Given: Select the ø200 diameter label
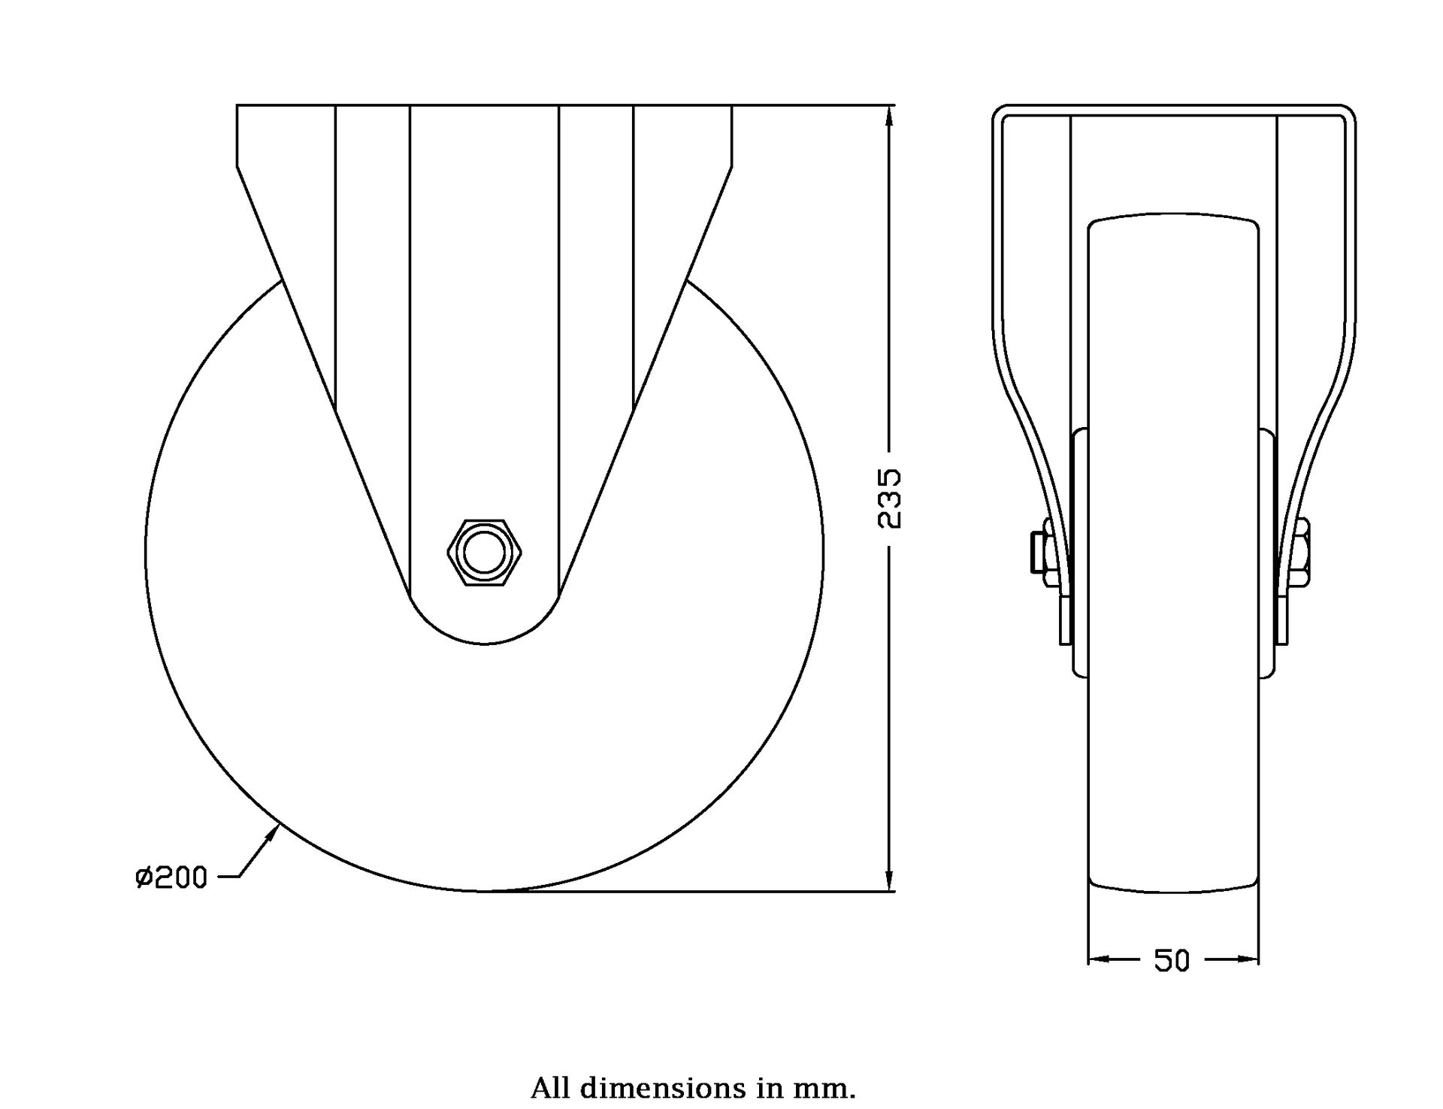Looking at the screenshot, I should coord(171,877).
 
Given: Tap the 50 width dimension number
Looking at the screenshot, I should coord(1172,960).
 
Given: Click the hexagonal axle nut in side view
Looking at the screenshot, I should coord(484,553).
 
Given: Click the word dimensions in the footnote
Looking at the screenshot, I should coord(652,1088).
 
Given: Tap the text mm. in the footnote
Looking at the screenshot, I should coord(832,1088).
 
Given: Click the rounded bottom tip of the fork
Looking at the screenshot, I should coord(484,641).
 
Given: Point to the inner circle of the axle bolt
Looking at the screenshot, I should coord(484,553).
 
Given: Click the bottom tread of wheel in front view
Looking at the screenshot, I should coord(1173,892).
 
